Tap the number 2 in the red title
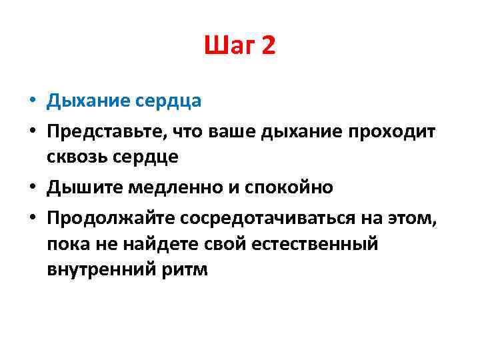(x=268, y=47)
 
